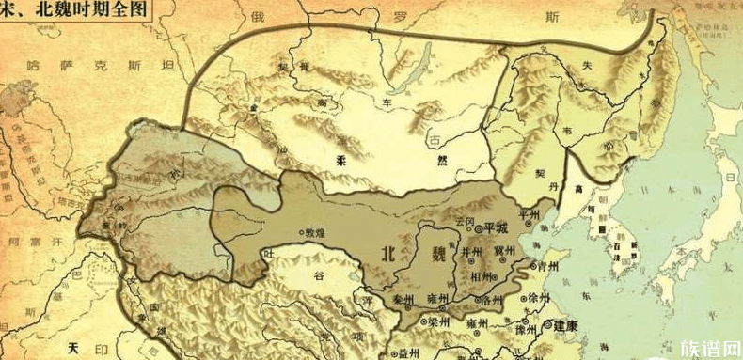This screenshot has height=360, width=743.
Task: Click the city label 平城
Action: point(495,227)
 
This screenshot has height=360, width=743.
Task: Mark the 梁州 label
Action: point(436,322)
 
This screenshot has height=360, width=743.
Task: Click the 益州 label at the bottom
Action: point(408,353)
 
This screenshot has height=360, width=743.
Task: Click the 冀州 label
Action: point(504,251)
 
